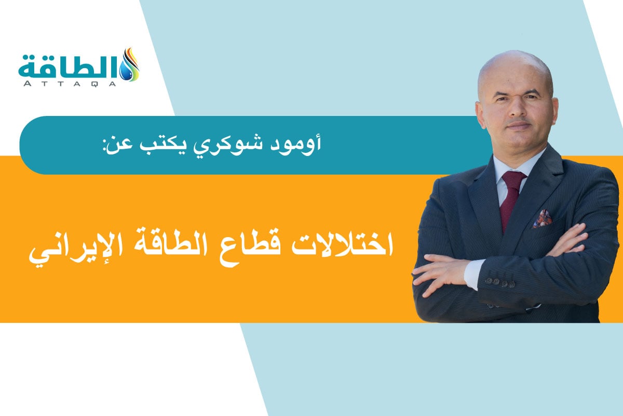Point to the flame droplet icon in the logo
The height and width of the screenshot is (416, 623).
(x=130, y=64)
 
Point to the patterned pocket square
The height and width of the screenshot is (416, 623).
(x=543, y=218)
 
